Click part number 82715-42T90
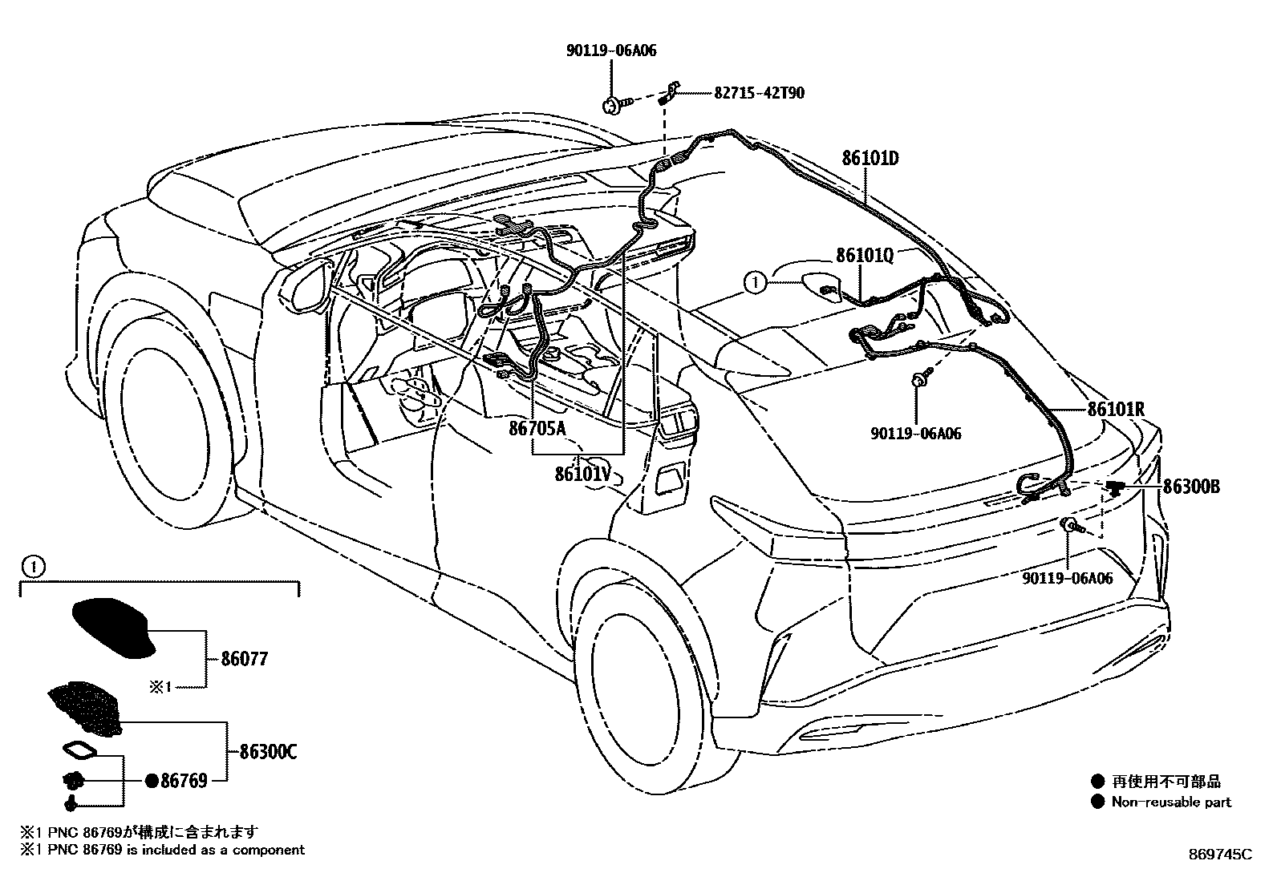759,93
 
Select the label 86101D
870,158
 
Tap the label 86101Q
864,255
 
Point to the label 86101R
1115,410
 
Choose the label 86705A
536,430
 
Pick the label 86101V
583,474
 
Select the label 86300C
268,752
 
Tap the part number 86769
184,780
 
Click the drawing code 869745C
1219,855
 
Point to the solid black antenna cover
112,628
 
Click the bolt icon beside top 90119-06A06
614,103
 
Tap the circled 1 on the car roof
752,281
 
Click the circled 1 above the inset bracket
30,568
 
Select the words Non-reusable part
1170,802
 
